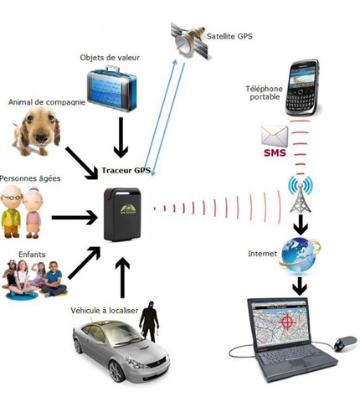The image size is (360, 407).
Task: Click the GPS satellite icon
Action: click(190, 40)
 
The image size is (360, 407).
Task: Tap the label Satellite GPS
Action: click(229, 36)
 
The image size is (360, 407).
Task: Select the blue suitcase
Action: click(111, 90)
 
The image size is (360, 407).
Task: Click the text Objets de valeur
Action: click(110, 58)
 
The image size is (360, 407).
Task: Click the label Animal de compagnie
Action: click(47, 102)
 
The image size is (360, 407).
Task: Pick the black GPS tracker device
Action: click(122, 214)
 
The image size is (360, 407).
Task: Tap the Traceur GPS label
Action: click(126, 170)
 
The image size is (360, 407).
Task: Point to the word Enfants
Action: click(31, 254)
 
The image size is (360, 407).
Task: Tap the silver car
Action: click(120, 351)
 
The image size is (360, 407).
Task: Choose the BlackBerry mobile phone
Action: click(304, 88)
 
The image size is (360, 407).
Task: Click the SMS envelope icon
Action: click(275, 140)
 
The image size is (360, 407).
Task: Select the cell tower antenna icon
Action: click(299, 195)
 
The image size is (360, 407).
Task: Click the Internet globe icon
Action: click(299, 254)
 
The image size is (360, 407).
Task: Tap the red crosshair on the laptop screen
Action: click(287, 322)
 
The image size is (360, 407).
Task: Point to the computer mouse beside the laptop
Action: click(342, 343)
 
